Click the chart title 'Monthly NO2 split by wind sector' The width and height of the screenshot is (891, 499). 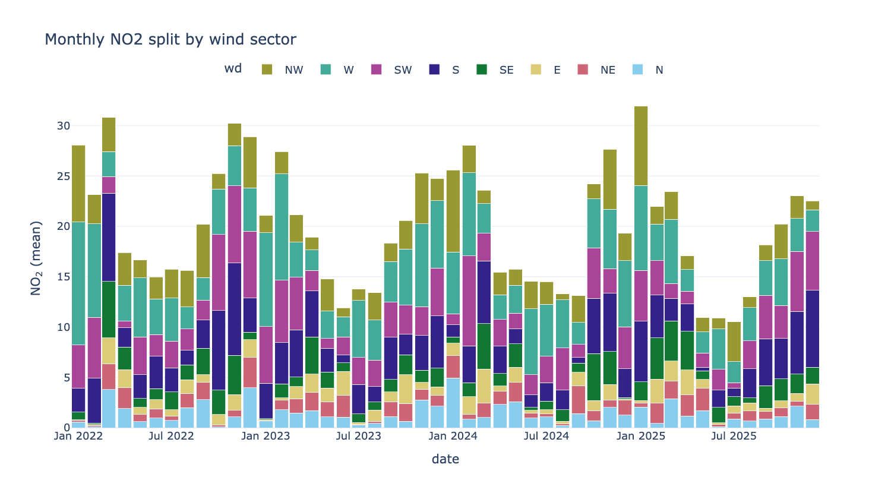tap(170, 39)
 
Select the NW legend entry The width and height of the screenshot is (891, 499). tap(282, 70)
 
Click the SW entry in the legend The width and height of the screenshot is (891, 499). tap(391, 70)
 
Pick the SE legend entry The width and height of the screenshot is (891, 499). tap(495, 70)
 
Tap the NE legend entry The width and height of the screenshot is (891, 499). tap(596, 70)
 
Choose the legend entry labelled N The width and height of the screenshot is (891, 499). tap(647, 70)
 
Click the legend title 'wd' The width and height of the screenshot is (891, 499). tap(233, 68)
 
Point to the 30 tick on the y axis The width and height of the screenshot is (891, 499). tap(64, 126)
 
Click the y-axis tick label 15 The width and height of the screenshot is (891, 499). tap(64, 277)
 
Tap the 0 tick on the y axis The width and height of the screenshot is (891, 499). tap(67, 428)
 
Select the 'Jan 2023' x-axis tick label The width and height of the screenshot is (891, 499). tap(266, 436)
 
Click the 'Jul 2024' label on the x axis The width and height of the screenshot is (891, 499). tap(546, 436)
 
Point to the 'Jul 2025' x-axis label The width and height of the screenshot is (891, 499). tap(734, 436)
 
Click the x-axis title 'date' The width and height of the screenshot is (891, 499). tap(445, 459)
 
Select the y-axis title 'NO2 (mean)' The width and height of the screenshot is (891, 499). tap(36, 258)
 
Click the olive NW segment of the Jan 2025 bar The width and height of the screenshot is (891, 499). tap(641, 146)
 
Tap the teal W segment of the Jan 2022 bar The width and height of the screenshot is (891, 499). tap(78, 283)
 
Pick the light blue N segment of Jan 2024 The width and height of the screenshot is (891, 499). tap(453, 403)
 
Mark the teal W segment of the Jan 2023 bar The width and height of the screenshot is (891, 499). tap(266, 280)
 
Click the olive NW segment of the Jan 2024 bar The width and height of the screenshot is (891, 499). tap(453, 211)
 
